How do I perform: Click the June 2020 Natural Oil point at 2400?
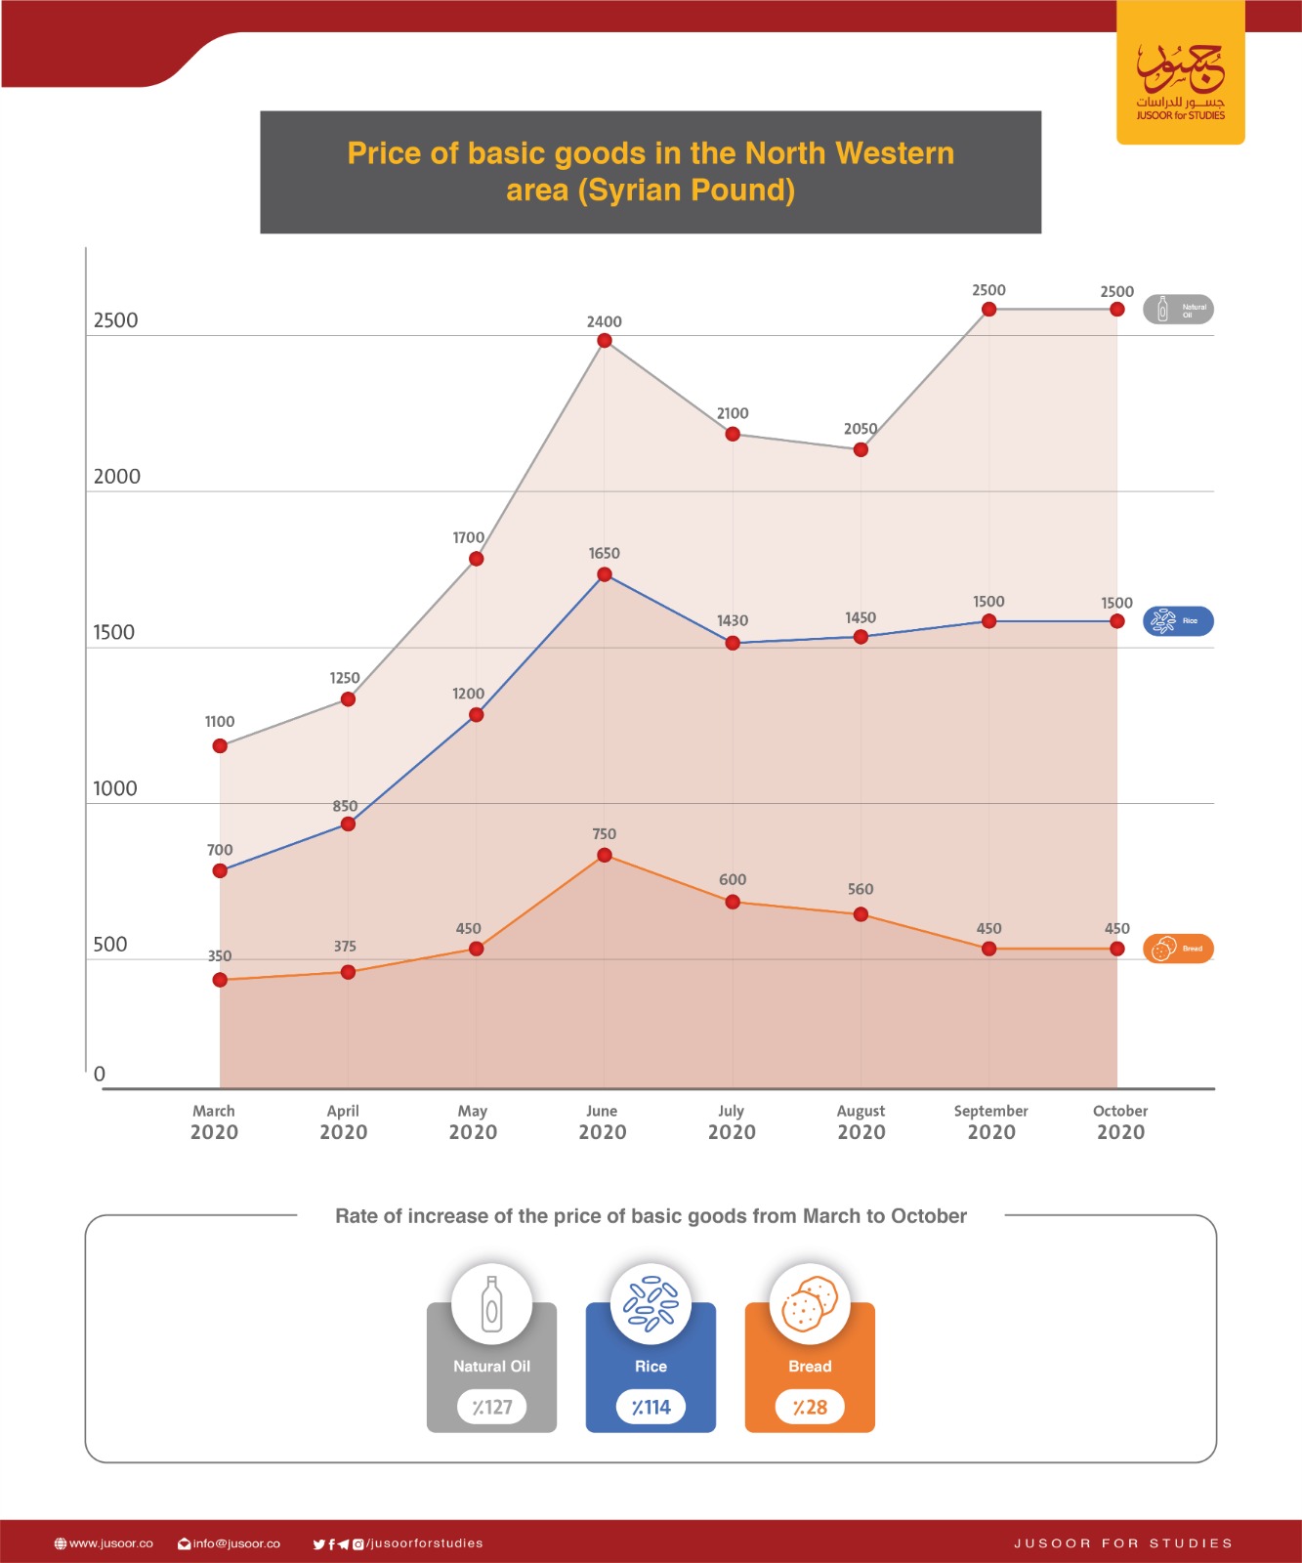(x=605, y=341)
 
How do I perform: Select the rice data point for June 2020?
(x=605, y=574)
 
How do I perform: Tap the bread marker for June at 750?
(x=605, y=856)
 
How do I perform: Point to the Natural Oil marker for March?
(x=220, y=746)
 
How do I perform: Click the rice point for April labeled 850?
(x=348, y=824)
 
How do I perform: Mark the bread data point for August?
(x=861, y=914)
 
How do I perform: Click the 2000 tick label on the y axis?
(x=117, y=477)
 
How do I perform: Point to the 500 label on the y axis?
(x=110, y=945)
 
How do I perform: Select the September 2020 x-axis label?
(x=990, y=1122)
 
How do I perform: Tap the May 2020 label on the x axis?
(x=473, y=1122)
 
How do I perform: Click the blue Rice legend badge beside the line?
(x=1178, y=621)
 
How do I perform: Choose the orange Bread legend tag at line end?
(x=1178, y=949)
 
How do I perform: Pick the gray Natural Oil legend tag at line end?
(x=1178, y=310)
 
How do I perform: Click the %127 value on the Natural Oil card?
(x=492, y=1408)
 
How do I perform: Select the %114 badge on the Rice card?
(x=651, y=1408)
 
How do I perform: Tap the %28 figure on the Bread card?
(x=810, y=1408)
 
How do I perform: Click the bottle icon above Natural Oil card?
(x=492, y=1305)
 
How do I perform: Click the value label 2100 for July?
(x=733, y=413)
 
